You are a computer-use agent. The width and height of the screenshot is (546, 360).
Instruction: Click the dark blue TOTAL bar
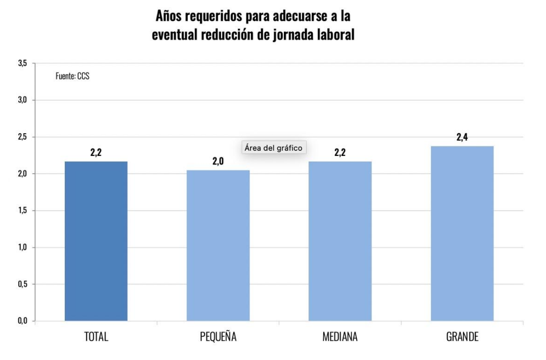click(x=96, y=241)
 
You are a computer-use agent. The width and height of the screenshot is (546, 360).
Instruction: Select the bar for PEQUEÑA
click(x=218, y=245)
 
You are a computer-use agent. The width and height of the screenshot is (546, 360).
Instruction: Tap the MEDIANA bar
click(x=340, y=241)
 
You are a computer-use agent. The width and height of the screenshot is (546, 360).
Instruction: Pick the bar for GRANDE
click(x=462, y=233)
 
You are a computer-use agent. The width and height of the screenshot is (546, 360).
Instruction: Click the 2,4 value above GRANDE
click(x=462, y=137)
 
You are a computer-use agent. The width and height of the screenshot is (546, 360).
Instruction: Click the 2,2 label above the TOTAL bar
click(x=96, y=152)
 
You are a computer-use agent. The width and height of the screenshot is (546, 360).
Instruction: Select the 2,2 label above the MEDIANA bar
click(x=340, y=152)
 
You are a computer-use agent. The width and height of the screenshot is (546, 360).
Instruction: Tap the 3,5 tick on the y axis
click(x=22, y=63)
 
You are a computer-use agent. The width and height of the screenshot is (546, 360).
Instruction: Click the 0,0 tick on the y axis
click(x=22, y=321)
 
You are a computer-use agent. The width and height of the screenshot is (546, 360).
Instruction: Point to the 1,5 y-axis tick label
click(x=22, y=211)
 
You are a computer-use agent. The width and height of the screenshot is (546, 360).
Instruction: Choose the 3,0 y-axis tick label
click(x=22, y=100)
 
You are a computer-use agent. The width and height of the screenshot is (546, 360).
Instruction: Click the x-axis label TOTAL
click(x=96, y=337)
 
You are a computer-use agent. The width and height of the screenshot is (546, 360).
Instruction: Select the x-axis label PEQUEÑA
click(x=218, y=337)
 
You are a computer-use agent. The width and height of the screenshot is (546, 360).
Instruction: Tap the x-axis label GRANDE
click(x=462, y=337)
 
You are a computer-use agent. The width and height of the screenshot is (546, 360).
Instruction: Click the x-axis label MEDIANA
click(x=340, y=337)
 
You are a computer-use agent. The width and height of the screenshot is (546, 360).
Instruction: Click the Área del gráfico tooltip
click(x=273, y=148)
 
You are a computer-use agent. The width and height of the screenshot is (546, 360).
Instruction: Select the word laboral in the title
click(x=334, y=35)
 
